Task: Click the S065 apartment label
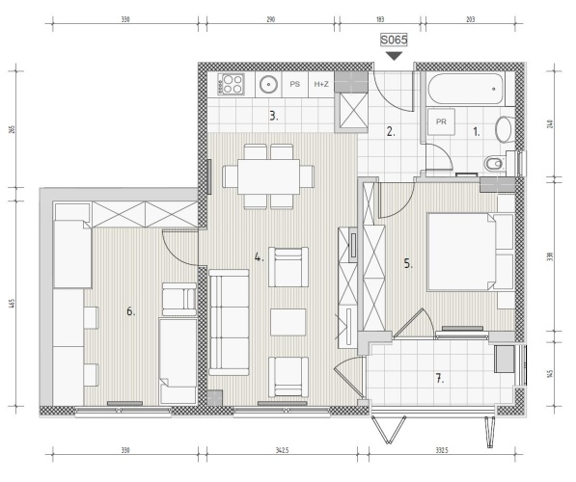click(394, 40)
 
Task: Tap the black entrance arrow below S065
click(395, 56)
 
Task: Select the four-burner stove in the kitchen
click(232, 84)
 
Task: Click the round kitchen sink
click(268, 85)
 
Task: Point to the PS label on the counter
click(294, 84)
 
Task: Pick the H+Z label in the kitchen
click(321, 84)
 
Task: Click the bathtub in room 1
click(465, 90)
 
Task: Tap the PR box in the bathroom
click(441, 121)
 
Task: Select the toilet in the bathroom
click(500, 163)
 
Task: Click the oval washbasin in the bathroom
click(504, 129)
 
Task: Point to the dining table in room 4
click(268, 176)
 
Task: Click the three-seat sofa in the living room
click(229, 322)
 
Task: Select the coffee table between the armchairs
click(288, 322)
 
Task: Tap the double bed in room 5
click(470, 253)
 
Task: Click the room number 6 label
click(131, 311)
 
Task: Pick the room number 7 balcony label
click(439, 378)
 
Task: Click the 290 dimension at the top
click(271, 19)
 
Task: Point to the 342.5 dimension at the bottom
click(282, 450)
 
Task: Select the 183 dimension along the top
click(380, 19)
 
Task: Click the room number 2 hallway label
click(391, 131)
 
